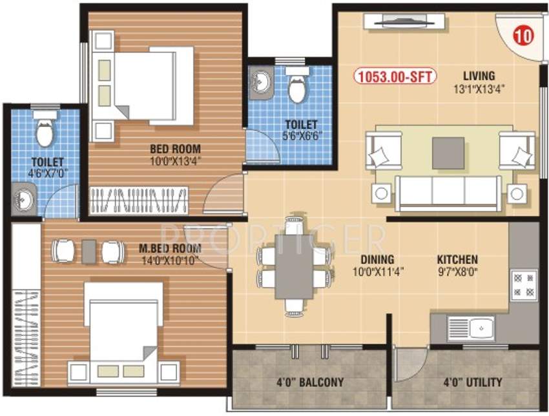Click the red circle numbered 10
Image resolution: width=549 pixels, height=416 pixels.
[523, 36]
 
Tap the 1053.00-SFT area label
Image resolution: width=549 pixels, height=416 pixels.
[395, 77]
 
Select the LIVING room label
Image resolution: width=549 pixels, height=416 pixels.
[479, 75]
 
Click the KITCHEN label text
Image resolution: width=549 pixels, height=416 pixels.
[457, 260]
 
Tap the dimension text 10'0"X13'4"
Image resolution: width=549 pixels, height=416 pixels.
[172, 161]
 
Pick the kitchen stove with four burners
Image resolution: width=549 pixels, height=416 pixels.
[524, 284]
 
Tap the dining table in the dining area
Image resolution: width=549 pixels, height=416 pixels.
[294, 266]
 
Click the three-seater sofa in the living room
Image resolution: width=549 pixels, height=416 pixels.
[448, 192]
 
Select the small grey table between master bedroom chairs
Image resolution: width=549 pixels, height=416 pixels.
[89, 251]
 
